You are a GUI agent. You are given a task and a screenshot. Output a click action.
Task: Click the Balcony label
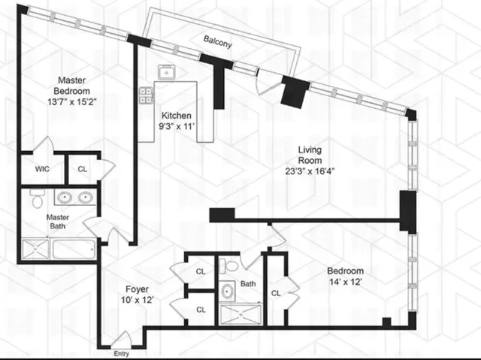click(217, 43)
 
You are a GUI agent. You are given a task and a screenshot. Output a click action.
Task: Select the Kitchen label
click(177, 116)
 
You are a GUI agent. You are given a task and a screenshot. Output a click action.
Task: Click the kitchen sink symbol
click(167, 73)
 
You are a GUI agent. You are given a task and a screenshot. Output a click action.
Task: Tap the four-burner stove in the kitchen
click(146, 95)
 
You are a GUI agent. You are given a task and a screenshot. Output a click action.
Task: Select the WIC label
click(41, 169)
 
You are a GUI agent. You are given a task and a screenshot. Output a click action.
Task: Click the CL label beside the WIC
click(83, 169)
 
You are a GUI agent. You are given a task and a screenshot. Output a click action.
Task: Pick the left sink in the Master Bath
click(63, 198)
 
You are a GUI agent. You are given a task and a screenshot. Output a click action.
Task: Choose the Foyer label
click(137, 289)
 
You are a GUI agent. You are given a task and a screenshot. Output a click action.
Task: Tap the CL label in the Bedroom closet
click(276, 292)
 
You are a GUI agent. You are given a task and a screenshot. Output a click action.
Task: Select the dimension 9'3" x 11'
click(177, 128)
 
